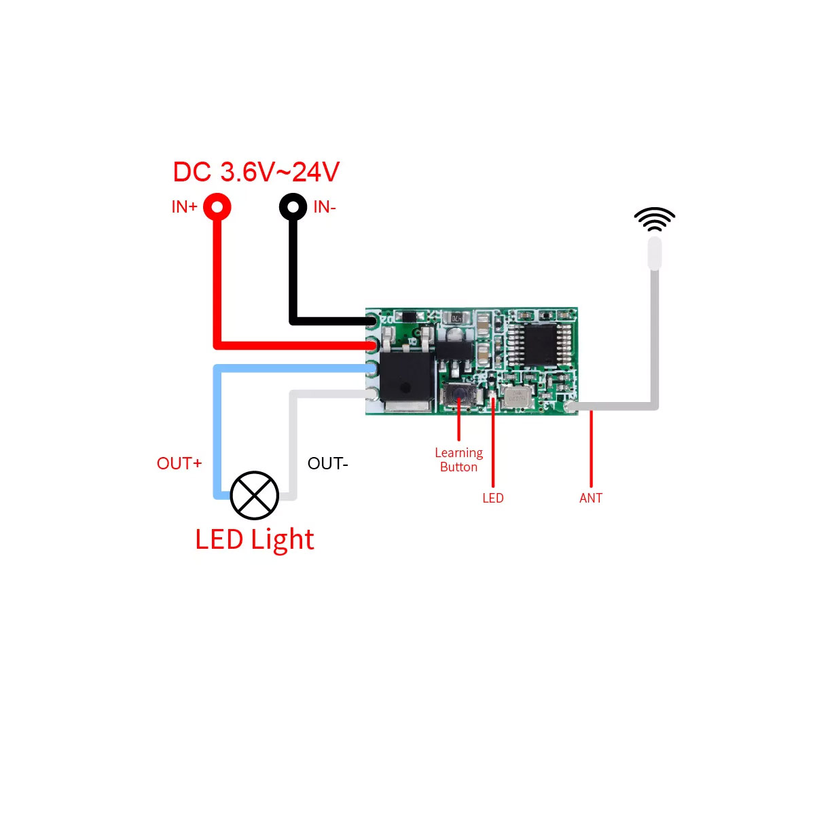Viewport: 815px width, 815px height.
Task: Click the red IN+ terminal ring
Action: (x=217, y=206)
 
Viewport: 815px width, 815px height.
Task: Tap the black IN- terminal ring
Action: (x=293, y=206)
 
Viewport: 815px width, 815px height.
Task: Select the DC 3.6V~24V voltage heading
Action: (x=256, y=172)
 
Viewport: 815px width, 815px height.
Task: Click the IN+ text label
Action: (x=184, y=207)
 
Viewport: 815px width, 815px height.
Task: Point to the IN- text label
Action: (x=325, y=207)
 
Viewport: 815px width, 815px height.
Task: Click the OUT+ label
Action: (x=179, y=463)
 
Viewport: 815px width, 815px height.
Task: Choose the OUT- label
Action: (x=327, y=463)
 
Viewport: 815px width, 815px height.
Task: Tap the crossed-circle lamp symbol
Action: (x=255, y=495)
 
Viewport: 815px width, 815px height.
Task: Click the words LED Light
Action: (x=255, y=540)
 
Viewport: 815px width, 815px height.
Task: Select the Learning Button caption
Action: (x=459, y=460)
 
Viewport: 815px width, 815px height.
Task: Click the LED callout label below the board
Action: (x=493, y=498)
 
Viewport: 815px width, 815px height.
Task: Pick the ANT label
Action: (x=591, y=498)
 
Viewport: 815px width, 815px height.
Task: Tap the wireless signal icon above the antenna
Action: (x=655, y=219)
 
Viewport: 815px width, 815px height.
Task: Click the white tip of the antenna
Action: (x=655, y=253)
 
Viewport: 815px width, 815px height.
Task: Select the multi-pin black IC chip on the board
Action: (x=540, y=344)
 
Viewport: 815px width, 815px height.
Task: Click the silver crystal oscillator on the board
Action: (x=518, y=397)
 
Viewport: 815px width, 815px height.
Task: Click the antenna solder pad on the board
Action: (x=571, y=407)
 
